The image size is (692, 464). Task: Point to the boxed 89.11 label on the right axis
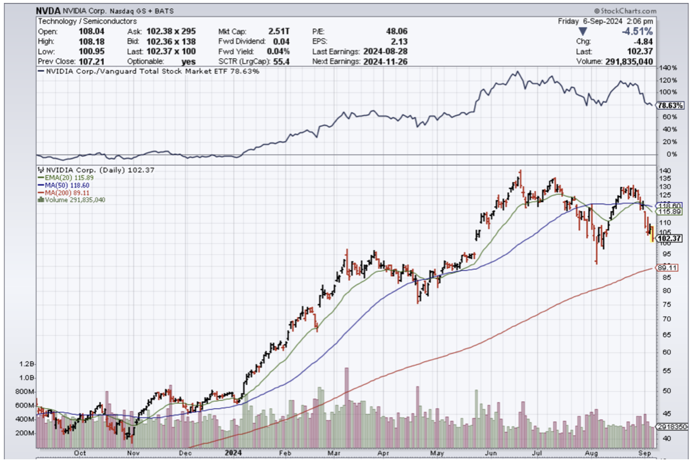click(667, 268)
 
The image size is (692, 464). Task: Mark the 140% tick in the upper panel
click(667, 68)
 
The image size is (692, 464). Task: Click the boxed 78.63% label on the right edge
click(670, 106)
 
